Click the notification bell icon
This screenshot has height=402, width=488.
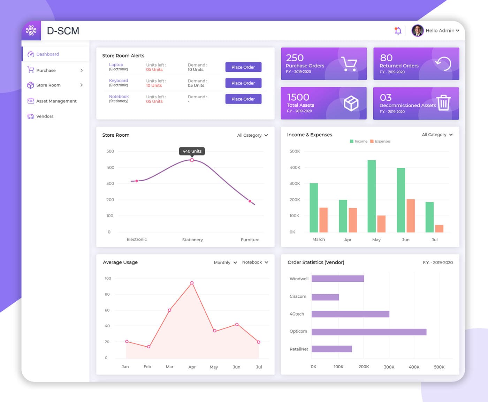[x=398, y=31]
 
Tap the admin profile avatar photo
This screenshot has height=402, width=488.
[x=417, y=31]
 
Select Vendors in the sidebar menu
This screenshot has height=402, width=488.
[x=45, y=116]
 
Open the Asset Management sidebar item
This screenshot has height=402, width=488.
[x=56, y=101]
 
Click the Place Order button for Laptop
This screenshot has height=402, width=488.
[x=243, y=67]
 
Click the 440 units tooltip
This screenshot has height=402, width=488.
[x=192, y=151]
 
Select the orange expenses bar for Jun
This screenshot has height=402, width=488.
[x=411, y=215]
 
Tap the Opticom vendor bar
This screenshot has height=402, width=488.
[x=369, y=332]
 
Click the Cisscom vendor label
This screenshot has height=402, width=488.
[x=298, y=297]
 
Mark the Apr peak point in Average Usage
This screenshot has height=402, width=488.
[x=192, y=283]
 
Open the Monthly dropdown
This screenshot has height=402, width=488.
[x=225, y=263]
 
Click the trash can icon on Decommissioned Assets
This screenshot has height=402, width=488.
[x=443, y=103]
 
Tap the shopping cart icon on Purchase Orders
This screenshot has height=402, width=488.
[x=349, y=64]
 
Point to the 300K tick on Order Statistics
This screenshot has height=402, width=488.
[x=389, y=367]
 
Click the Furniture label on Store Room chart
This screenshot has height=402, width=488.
[x=250, y=240]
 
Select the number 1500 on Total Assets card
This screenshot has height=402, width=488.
[x=298, y=97]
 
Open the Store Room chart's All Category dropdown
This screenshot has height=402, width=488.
[x=252, y=135]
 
